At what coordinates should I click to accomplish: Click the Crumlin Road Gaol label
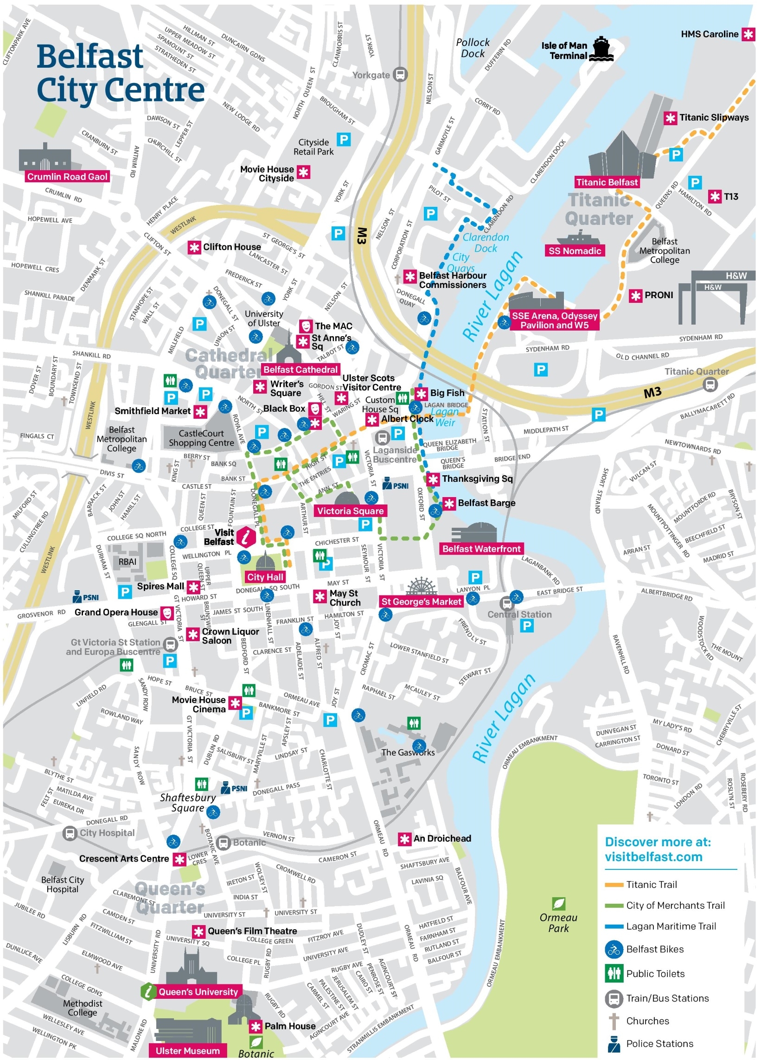coord(67,177)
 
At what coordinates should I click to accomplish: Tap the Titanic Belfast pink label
coord(607,182)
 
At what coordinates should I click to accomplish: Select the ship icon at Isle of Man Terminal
coord(601,50)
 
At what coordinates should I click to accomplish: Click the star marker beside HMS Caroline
coord(748,34)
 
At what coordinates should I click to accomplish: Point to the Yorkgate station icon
coord(400,74)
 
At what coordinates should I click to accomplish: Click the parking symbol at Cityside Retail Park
coord(344,139)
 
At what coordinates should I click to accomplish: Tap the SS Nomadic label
coord(575,251)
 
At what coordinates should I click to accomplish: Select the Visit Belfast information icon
coord(246,537)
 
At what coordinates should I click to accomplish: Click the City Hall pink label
coord(265,577)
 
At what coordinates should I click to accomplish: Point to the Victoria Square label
coord(350,511)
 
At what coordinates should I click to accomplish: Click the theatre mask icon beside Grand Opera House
coord(167,612)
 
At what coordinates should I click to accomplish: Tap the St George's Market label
coord(421,601)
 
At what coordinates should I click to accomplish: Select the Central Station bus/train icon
coord(506,603)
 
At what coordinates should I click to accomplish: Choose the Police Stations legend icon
coord(614,1044)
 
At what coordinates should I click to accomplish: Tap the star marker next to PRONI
coord(635,295)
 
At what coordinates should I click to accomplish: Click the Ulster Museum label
coord(187,1051)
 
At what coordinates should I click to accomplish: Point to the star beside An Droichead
coord(404,839)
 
